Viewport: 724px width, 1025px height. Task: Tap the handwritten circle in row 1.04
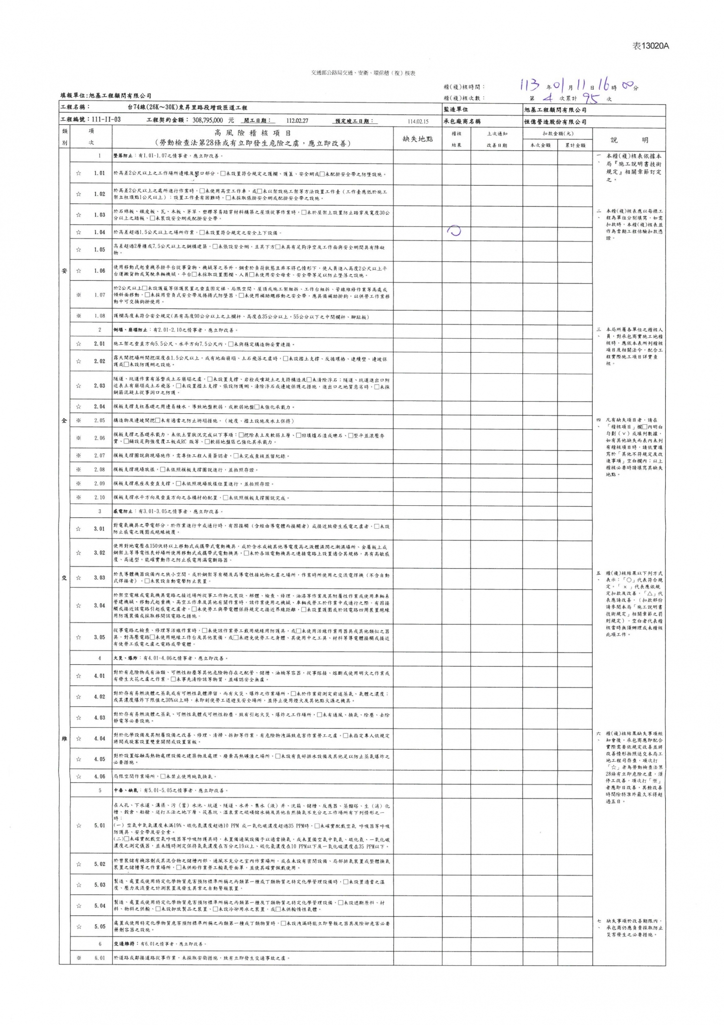click(455, 231)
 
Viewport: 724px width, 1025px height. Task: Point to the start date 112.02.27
click(297, 121)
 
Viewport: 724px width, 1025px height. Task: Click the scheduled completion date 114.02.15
click(418, 121)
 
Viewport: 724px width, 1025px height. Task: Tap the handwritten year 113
click(530, 85)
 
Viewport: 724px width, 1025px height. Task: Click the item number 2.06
click(100, 438)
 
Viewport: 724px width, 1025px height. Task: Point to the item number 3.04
click(100, 605)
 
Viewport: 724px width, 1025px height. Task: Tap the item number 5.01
click(100, 825)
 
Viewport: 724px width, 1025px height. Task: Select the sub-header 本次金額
click(540, 145)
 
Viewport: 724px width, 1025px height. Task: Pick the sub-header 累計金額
click(575, 145)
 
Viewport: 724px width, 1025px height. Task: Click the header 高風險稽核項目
click(252, 133)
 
